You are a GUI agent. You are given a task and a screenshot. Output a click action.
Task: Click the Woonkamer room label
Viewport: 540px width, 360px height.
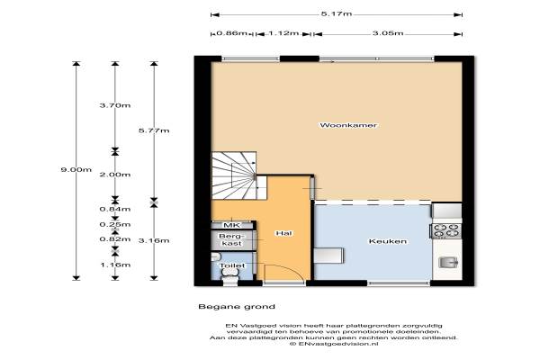(x=348, y=125)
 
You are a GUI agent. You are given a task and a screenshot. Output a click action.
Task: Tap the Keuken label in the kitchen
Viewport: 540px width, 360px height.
(x=388, y=241)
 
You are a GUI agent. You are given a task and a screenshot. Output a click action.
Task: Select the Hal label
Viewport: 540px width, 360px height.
(x=283, y=233)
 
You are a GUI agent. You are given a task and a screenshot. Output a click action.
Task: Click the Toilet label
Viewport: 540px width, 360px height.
(x=232, y=265)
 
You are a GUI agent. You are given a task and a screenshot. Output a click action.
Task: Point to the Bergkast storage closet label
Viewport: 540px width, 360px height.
(x=231, y=239)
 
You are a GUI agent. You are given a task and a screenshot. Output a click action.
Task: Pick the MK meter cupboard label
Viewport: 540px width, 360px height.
(x=232, y=225)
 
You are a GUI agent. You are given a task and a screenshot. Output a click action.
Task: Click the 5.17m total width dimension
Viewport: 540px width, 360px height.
(x=337, y=13)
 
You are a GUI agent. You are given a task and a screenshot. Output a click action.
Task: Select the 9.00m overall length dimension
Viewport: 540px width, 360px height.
(x=76, y=169)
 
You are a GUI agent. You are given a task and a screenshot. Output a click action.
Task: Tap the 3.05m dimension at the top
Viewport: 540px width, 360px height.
(x=388, y=33)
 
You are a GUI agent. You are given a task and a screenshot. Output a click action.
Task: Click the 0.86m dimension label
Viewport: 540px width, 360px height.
(x=232, y=33)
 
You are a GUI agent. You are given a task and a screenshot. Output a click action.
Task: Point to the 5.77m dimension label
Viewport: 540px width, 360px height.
(x=154, y=130)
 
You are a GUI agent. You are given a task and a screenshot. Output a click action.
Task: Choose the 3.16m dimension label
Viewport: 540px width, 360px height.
(x=154, y=240)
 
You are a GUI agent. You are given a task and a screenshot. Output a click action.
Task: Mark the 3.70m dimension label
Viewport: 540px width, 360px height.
(x=115, y=105)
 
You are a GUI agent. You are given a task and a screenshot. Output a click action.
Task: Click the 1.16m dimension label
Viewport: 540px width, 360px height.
(x=115, y=265)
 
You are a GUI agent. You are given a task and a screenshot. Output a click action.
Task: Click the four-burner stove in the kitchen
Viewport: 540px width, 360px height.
(x=446, y=230)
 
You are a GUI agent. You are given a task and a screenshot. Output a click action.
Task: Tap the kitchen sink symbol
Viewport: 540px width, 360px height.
(x=448, y=263)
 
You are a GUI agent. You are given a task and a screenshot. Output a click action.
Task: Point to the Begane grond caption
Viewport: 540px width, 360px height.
(x=237, y=307)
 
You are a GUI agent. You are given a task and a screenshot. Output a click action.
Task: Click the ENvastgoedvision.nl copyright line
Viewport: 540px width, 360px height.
(x=334, y=344)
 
